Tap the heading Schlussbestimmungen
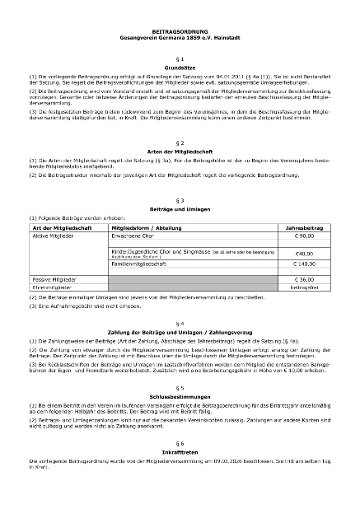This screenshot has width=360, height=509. point(180,393)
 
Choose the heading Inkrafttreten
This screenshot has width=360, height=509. point(180,451)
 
